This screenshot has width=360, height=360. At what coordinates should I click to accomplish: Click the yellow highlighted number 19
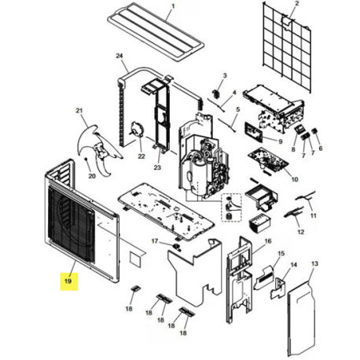point(68,281)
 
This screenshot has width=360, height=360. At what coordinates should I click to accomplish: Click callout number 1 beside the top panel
point(173,6)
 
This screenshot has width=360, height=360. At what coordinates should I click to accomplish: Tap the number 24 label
point(119,56)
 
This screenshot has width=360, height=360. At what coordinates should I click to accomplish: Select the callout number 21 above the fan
point(79,111)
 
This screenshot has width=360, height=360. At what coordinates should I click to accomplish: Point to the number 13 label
point(314,263)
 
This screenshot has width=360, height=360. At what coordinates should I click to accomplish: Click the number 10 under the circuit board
point(295,179)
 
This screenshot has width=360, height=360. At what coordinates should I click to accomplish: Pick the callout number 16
point(268,241)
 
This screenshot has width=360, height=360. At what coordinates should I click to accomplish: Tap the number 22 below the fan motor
point(141,156)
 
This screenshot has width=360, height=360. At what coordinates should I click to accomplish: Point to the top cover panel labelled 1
point(156,31)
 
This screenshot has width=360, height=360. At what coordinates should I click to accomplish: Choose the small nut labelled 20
point(86,159)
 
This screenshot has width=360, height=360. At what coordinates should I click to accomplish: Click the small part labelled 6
point(314,131)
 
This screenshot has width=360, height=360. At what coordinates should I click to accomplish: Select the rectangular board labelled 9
point(254,131)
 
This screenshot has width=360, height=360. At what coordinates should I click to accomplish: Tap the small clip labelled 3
point(215,94)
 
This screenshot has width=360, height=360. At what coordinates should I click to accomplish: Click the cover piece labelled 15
point(264,277)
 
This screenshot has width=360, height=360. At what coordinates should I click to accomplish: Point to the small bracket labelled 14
point(278,288)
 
